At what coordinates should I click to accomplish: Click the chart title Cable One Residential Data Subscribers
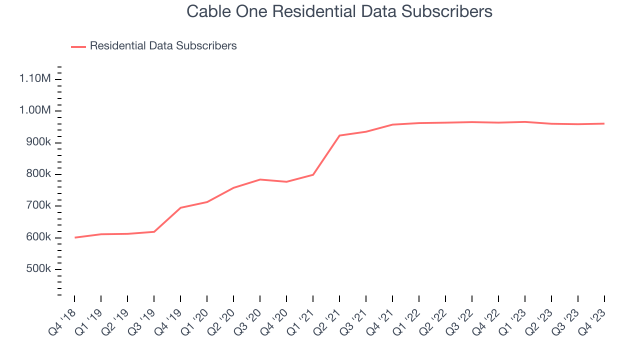click(339, 11)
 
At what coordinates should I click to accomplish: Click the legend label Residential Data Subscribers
click(163, 46)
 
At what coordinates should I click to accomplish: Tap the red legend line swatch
click(78, 46)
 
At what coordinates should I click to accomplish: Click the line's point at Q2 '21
click(339, 135)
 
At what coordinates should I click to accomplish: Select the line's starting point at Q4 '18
click(74, 237)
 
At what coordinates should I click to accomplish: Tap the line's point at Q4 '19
click(180, 207)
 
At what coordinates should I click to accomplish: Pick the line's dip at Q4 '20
click(286, 181)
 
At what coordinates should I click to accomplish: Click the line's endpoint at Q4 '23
click(604, 123)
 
